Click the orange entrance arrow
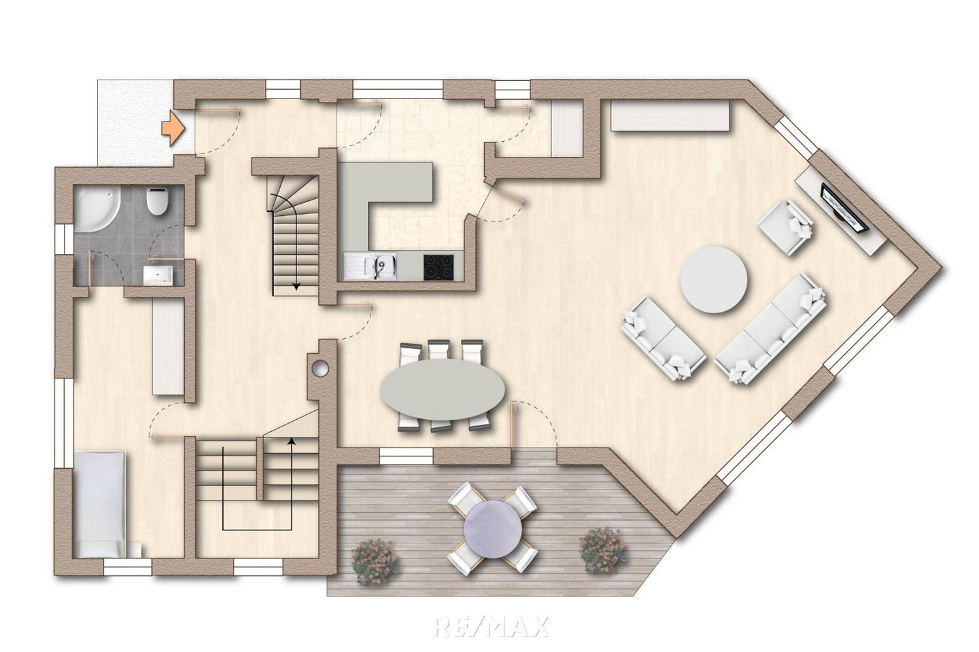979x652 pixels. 173,127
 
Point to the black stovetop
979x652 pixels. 439,266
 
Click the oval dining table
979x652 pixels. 443,391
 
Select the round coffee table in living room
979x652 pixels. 713,280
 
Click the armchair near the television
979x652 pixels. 786,228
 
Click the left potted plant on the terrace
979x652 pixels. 375,563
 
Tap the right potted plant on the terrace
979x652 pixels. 602,550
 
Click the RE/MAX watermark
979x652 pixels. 490,627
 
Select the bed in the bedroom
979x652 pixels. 101,505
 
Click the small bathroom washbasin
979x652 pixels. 158,276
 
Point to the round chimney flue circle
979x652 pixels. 320,367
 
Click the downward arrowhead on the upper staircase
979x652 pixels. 296,286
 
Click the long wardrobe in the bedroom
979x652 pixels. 167,346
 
